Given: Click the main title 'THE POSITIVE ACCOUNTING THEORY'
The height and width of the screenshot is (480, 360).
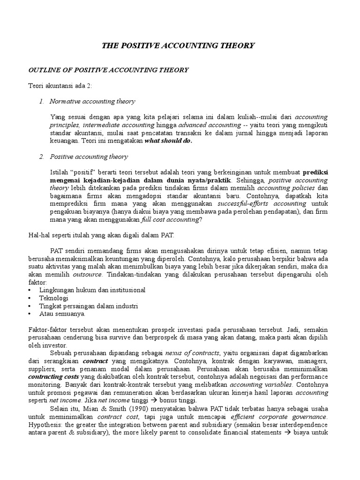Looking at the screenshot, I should coord(178,45).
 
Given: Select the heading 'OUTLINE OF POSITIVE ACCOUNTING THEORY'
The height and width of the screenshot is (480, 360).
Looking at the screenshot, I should coord(109,70).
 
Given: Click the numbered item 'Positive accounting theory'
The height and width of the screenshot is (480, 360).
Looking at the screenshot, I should coord(89,157).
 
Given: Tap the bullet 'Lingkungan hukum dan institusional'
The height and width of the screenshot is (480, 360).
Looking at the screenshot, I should coord(92,290).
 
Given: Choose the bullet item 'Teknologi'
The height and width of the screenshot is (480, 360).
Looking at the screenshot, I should coord(54,298).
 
